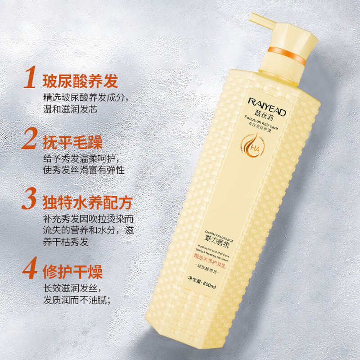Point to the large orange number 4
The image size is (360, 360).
pos(30,270)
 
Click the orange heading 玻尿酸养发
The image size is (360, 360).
pos(80,81)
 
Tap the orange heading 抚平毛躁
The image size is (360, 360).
pos(72,142)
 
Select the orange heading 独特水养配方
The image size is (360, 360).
pos(87,202)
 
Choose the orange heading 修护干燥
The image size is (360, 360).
pos(72,272)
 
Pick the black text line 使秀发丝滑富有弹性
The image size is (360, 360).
pos(83,171)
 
